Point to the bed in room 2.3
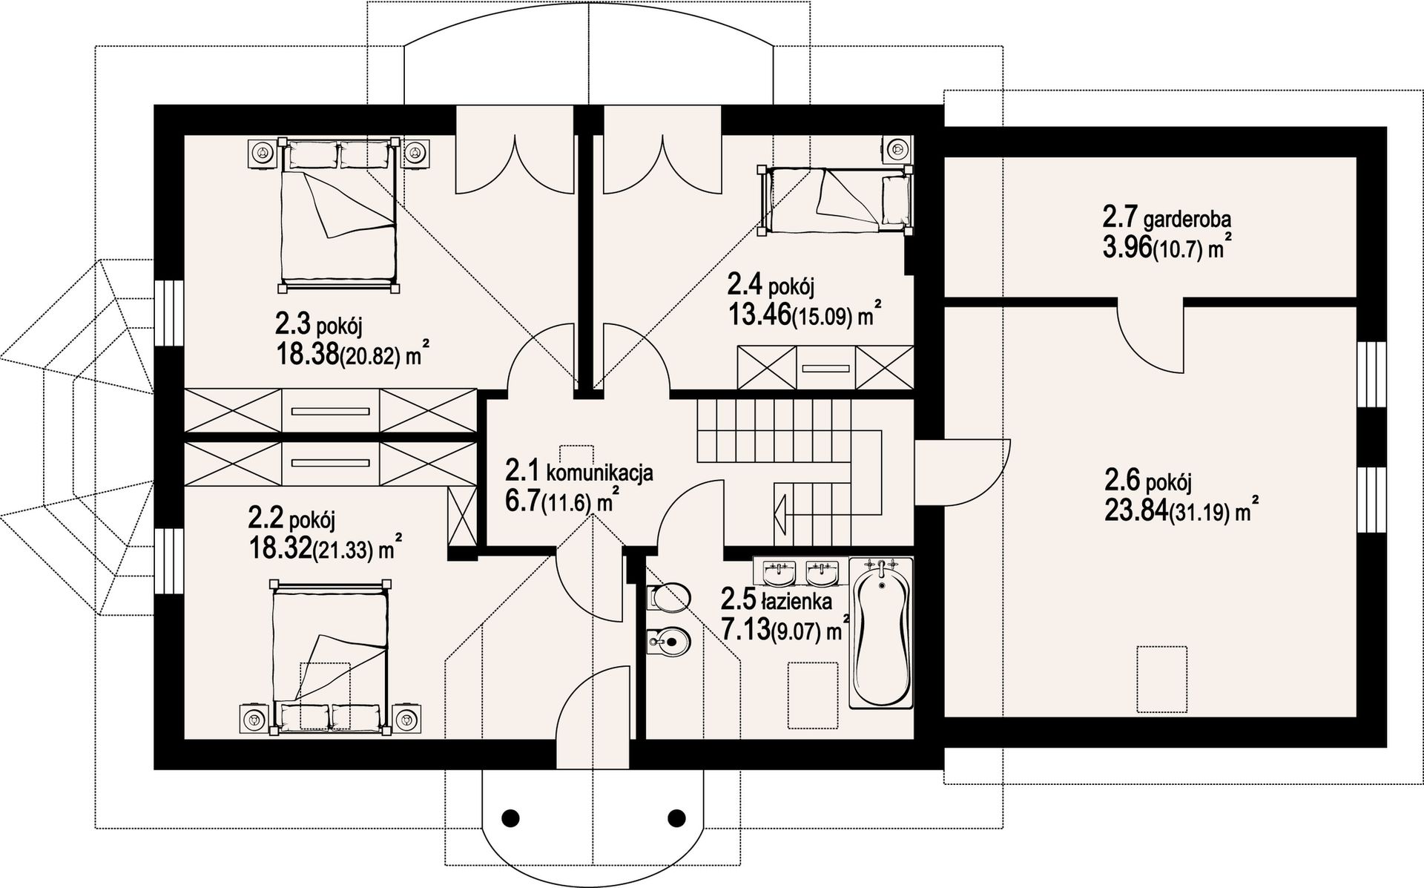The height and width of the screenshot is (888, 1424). pos(338,213)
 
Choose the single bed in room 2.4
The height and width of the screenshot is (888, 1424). pos(835,200)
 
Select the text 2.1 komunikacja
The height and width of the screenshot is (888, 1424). pos(578,472)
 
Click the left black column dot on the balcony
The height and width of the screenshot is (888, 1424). pos(510,818)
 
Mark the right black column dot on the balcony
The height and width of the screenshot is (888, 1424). pos(676,818)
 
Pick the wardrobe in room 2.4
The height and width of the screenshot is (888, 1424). pos(825,367)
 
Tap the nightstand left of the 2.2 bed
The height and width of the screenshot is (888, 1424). pos(254,719)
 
